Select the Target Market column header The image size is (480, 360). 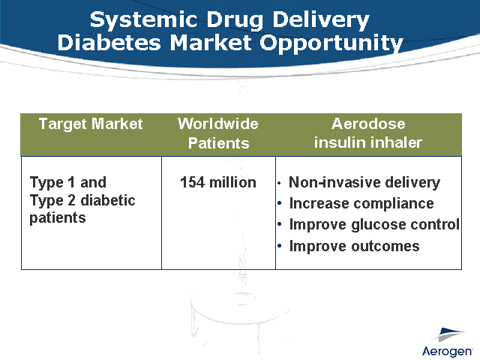91,124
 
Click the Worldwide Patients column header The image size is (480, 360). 218,133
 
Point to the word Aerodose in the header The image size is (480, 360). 367,124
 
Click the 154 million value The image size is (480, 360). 218,182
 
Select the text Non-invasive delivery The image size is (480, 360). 364,182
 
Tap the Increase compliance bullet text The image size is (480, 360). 361,203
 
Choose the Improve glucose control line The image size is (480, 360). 373,224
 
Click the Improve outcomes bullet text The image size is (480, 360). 354,246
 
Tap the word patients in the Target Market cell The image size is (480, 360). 58,218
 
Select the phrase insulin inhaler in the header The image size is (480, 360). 367,142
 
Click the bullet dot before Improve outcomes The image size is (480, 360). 280,247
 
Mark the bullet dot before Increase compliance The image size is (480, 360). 280,204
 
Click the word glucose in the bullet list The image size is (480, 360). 377,224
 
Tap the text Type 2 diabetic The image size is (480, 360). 82,200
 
